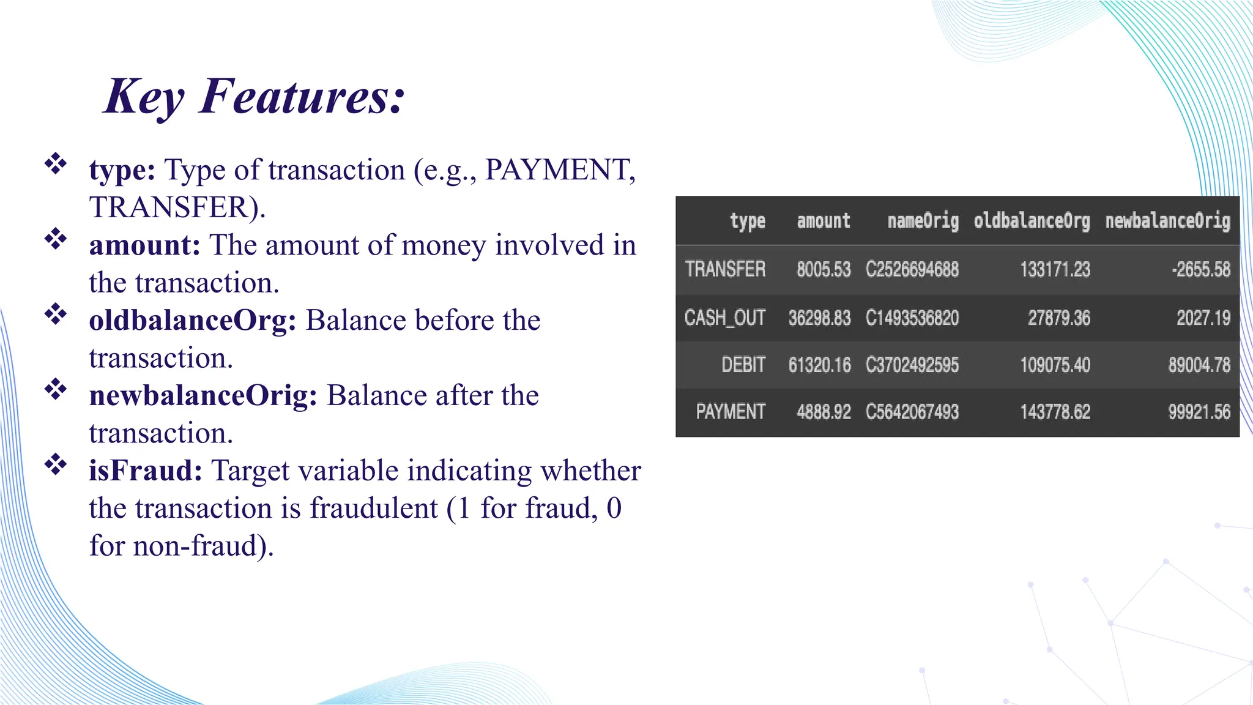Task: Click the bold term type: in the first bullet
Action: pyautogui.click(x=122, y=170)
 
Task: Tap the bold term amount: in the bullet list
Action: pyautogui.click(x=144, y=245)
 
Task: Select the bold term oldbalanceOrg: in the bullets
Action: pyautogui.click(x=193, y=321)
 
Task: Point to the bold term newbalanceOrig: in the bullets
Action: pyautogui.click(x=203, y=396)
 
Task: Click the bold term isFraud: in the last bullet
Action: pyautogui.click(x=146, y=471)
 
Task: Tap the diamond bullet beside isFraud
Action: pyautogui.click(x=56, y=464)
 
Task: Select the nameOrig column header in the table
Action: pyautogui.click(x=923, y=221)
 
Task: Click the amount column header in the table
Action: pyautogui.click(x=824, y=221)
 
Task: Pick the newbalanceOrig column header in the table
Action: pyautogui.click(x=1167, y=221)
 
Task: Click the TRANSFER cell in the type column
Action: pyautogui.click(x=725, y=269)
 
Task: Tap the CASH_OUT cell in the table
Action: pyautogui.click(x=725, y=318)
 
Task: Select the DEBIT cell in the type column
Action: pyautogui.click(x=743, y=365)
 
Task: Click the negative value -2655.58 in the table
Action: pyautogui.click(x=1200, y=269)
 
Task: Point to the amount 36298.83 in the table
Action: pyautogui.click(x=819, y=318)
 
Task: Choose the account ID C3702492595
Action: pyautogui.click(x=912, y=365)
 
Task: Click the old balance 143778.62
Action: pyautogui.click(x=1055, y=412)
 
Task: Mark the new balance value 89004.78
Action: pyautogui.click(x=1199, y=365)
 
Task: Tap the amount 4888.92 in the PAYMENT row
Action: pyautogui.click(x=824, y=412)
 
